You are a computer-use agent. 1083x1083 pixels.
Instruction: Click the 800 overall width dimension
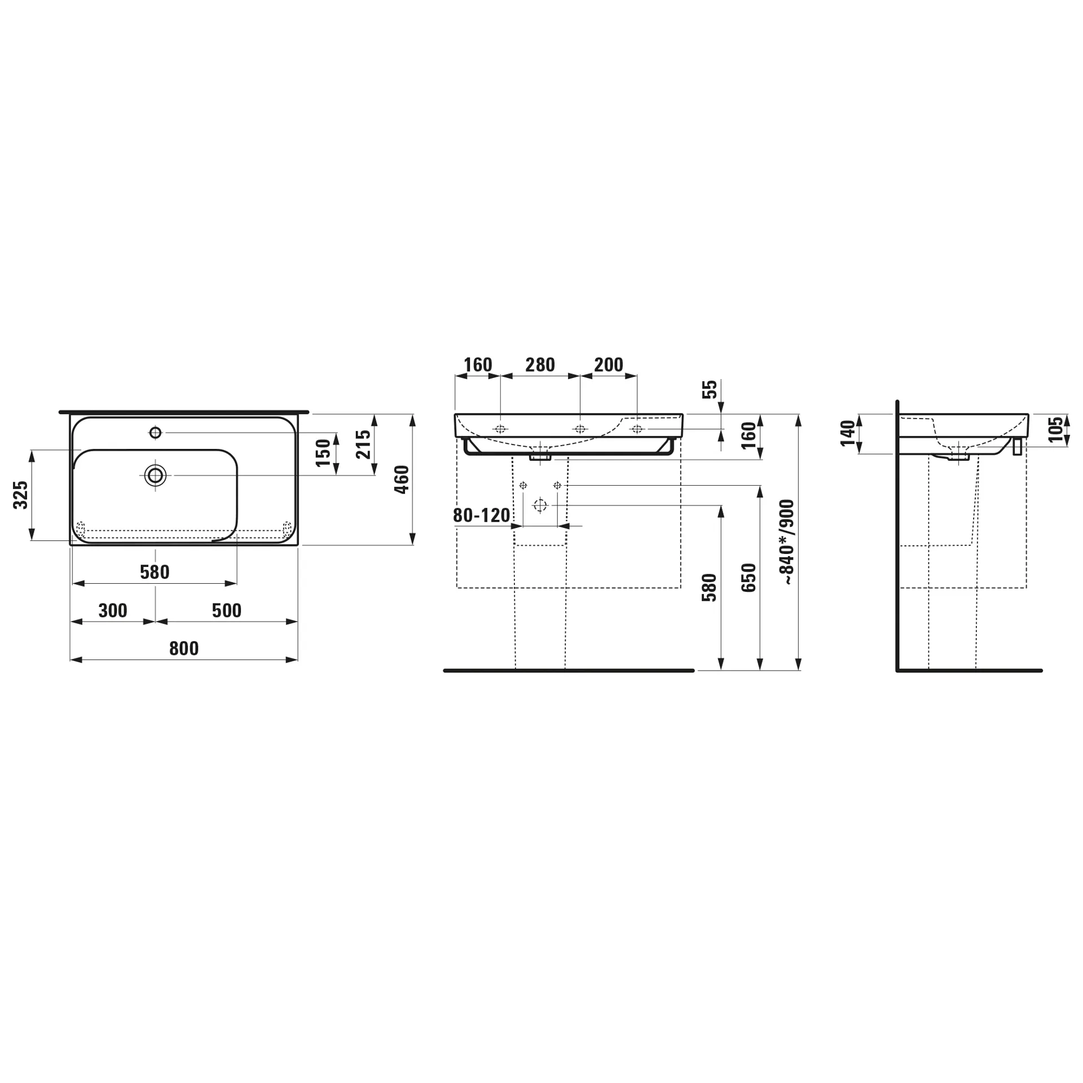point(184,649)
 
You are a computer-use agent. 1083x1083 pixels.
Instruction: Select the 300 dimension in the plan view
point(113,610)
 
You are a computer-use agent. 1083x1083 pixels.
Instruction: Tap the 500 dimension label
point(227,610)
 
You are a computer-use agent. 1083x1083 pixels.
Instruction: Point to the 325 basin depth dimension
point(21,495)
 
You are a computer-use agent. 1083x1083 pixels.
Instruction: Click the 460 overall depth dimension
point(402,479)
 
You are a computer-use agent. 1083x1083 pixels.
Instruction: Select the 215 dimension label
point(364,444)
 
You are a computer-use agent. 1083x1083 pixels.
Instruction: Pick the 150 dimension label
point(323,453)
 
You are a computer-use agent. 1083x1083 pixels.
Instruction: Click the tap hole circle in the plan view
point(156,433)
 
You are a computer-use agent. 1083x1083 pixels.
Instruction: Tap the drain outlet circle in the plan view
point(155,476)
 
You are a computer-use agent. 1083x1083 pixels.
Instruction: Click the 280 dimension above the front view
point(540,365)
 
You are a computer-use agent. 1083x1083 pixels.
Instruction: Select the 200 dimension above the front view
point(609,365)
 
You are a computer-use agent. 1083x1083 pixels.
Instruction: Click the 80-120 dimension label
point(482,515)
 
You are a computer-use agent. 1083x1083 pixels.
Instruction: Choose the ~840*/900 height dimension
point(786,541)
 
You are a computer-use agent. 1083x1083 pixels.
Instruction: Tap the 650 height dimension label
point(749,578)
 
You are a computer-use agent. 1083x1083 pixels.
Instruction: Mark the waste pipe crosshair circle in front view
point(540,505)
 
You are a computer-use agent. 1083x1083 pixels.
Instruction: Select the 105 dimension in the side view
point(1057,430)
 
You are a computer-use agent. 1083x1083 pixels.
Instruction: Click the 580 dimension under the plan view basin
point(155,572)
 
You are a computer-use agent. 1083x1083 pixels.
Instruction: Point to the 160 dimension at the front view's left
point(478,365)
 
